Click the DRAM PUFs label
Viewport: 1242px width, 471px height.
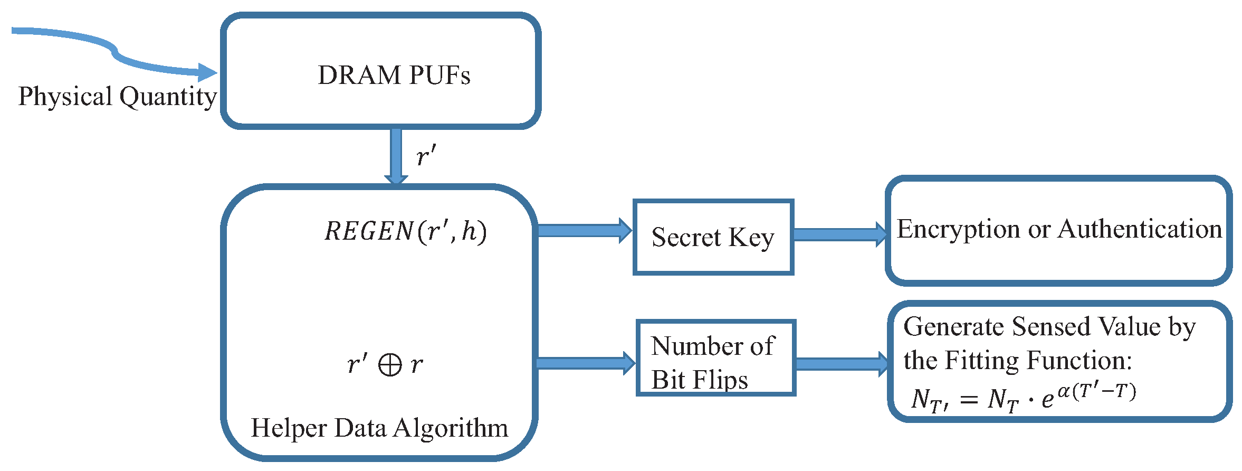click(394, 75)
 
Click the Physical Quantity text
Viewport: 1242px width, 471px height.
click(117, 97)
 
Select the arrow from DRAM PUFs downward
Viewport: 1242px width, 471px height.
click(396, 156)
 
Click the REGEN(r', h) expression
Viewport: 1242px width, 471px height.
click(405, 231)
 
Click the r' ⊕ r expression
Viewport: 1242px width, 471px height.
click(385, 364)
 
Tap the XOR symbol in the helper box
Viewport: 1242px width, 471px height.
click(390, 365)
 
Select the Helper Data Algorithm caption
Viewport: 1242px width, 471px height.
click(379, 428)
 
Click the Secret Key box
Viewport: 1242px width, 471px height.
click(713, 237)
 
